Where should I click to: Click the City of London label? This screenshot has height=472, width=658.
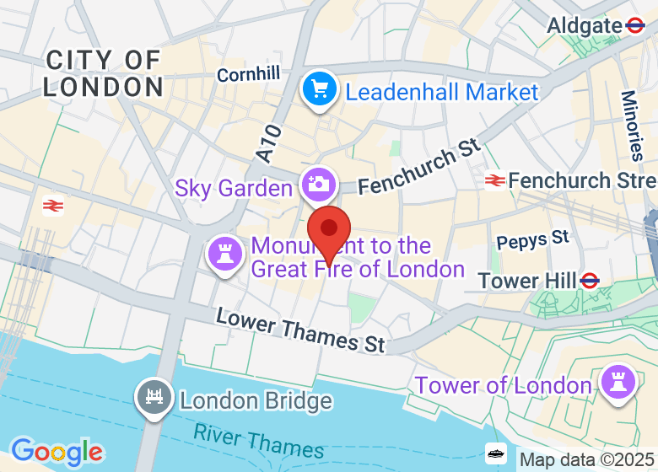pos(103,72)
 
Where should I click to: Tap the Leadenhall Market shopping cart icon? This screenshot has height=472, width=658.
pos(320,91)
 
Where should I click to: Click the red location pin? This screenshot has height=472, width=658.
pos(329,230)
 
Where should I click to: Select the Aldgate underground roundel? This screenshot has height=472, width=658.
pos(636,26)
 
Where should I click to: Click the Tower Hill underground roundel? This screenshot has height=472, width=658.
pos(590,280)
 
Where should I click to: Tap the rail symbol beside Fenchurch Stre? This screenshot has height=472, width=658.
pos(494,180)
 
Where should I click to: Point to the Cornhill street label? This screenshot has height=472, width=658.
pos(248,75)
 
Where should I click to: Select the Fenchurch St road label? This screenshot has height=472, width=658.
pos(418,168)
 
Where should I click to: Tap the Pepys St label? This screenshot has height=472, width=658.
pos(532,241)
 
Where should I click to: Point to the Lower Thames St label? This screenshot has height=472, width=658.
pos(300,330)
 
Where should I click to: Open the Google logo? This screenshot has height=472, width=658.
pos(57,452)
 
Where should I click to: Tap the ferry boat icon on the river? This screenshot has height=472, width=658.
pos(497,453)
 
